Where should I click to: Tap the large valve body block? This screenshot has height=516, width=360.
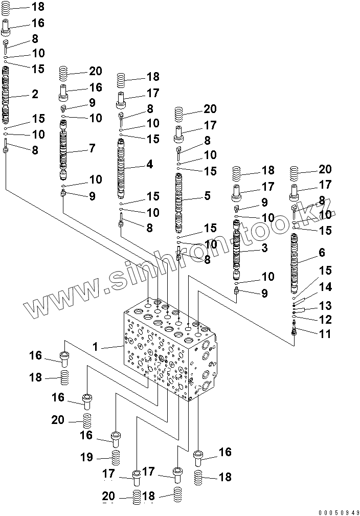[x=169, y=353]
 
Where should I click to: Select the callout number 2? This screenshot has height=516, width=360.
[x=34, y=94]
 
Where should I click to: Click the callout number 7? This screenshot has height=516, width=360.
[x=92, y=149]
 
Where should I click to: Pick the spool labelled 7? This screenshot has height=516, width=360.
[x=63, y=149]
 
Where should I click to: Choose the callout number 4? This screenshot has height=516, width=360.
[x=149, y=165]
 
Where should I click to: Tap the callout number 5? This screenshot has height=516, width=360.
[x=207, y=195]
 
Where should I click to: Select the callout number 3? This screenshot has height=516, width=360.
[x=264, y=249]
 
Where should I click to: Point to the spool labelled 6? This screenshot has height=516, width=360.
[x=294, y=261]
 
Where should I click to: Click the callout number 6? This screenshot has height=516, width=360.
[x=322, y=253]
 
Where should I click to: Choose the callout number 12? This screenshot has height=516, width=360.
[x=325, y=320]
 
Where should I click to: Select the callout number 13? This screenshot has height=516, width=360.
[x=325, y=306]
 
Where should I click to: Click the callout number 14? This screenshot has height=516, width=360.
[x=325, y=288]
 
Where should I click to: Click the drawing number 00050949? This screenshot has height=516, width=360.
[x=335, y=511]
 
